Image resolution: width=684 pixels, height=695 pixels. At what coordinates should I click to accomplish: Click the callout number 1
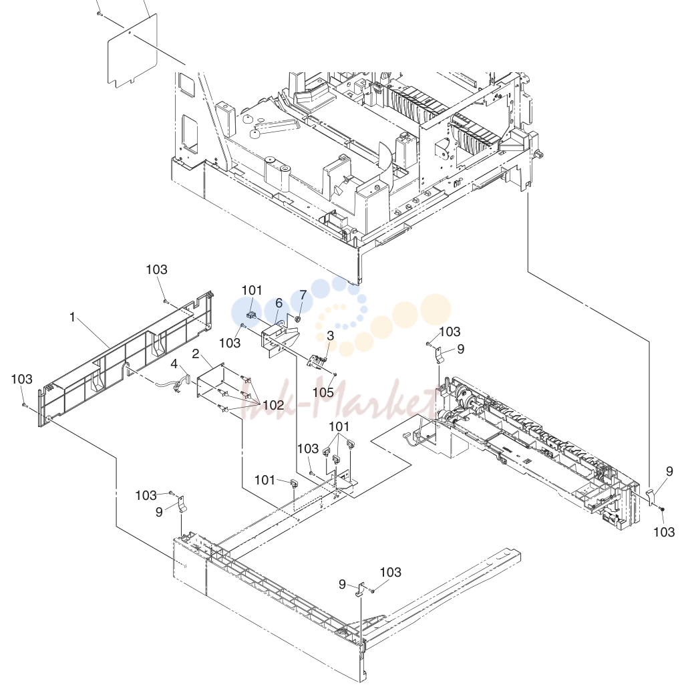click(x=72, y=317)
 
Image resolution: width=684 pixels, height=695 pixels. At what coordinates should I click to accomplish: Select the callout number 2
click(x=195, y=354)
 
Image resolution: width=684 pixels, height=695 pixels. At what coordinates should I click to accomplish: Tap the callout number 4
click(x=174, y=364)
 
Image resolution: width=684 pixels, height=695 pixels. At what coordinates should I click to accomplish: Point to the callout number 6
click(x=279, y=303)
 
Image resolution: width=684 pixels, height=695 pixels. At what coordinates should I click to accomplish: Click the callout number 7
click(x=303, y=295)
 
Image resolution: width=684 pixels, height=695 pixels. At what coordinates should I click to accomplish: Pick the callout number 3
click(x=331, y=336)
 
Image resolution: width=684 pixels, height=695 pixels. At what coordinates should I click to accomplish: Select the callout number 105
click(x=323, y=392)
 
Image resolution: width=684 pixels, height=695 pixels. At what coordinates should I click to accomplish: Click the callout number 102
click(x=273, y=405)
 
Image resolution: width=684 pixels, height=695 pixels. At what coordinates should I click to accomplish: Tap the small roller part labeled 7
click(x=298, y=319)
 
